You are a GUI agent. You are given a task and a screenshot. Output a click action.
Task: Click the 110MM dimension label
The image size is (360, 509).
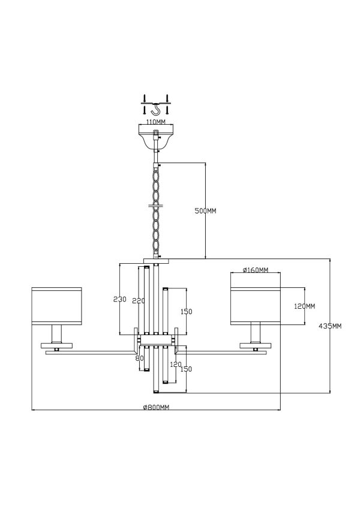(155, 122)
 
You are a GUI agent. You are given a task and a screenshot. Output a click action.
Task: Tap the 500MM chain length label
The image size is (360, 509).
(205, 211)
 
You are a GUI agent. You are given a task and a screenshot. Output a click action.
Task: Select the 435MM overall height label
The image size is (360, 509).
(330, 326)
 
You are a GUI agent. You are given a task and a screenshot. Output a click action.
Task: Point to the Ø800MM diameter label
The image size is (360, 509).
(156, 408)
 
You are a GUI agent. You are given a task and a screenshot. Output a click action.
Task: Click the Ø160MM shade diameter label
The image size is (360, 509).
(256, 270)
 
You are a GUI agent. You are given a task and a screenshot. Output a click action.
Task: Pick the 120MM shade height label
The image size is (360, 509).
(304, 306)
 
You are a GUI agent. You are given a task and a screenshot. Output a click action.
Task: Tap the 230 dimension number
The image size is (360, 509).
(120, 299)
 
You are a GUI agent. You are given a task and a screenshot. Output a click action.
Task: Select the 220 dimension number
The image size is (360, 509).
(139, 301)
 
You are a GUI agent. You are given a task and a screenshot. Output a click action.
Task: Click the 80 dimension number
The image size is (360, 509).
(139, 359)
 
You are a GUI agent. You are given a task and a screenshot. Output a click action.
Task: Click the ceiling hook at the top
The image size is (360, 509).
(156, 109)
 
